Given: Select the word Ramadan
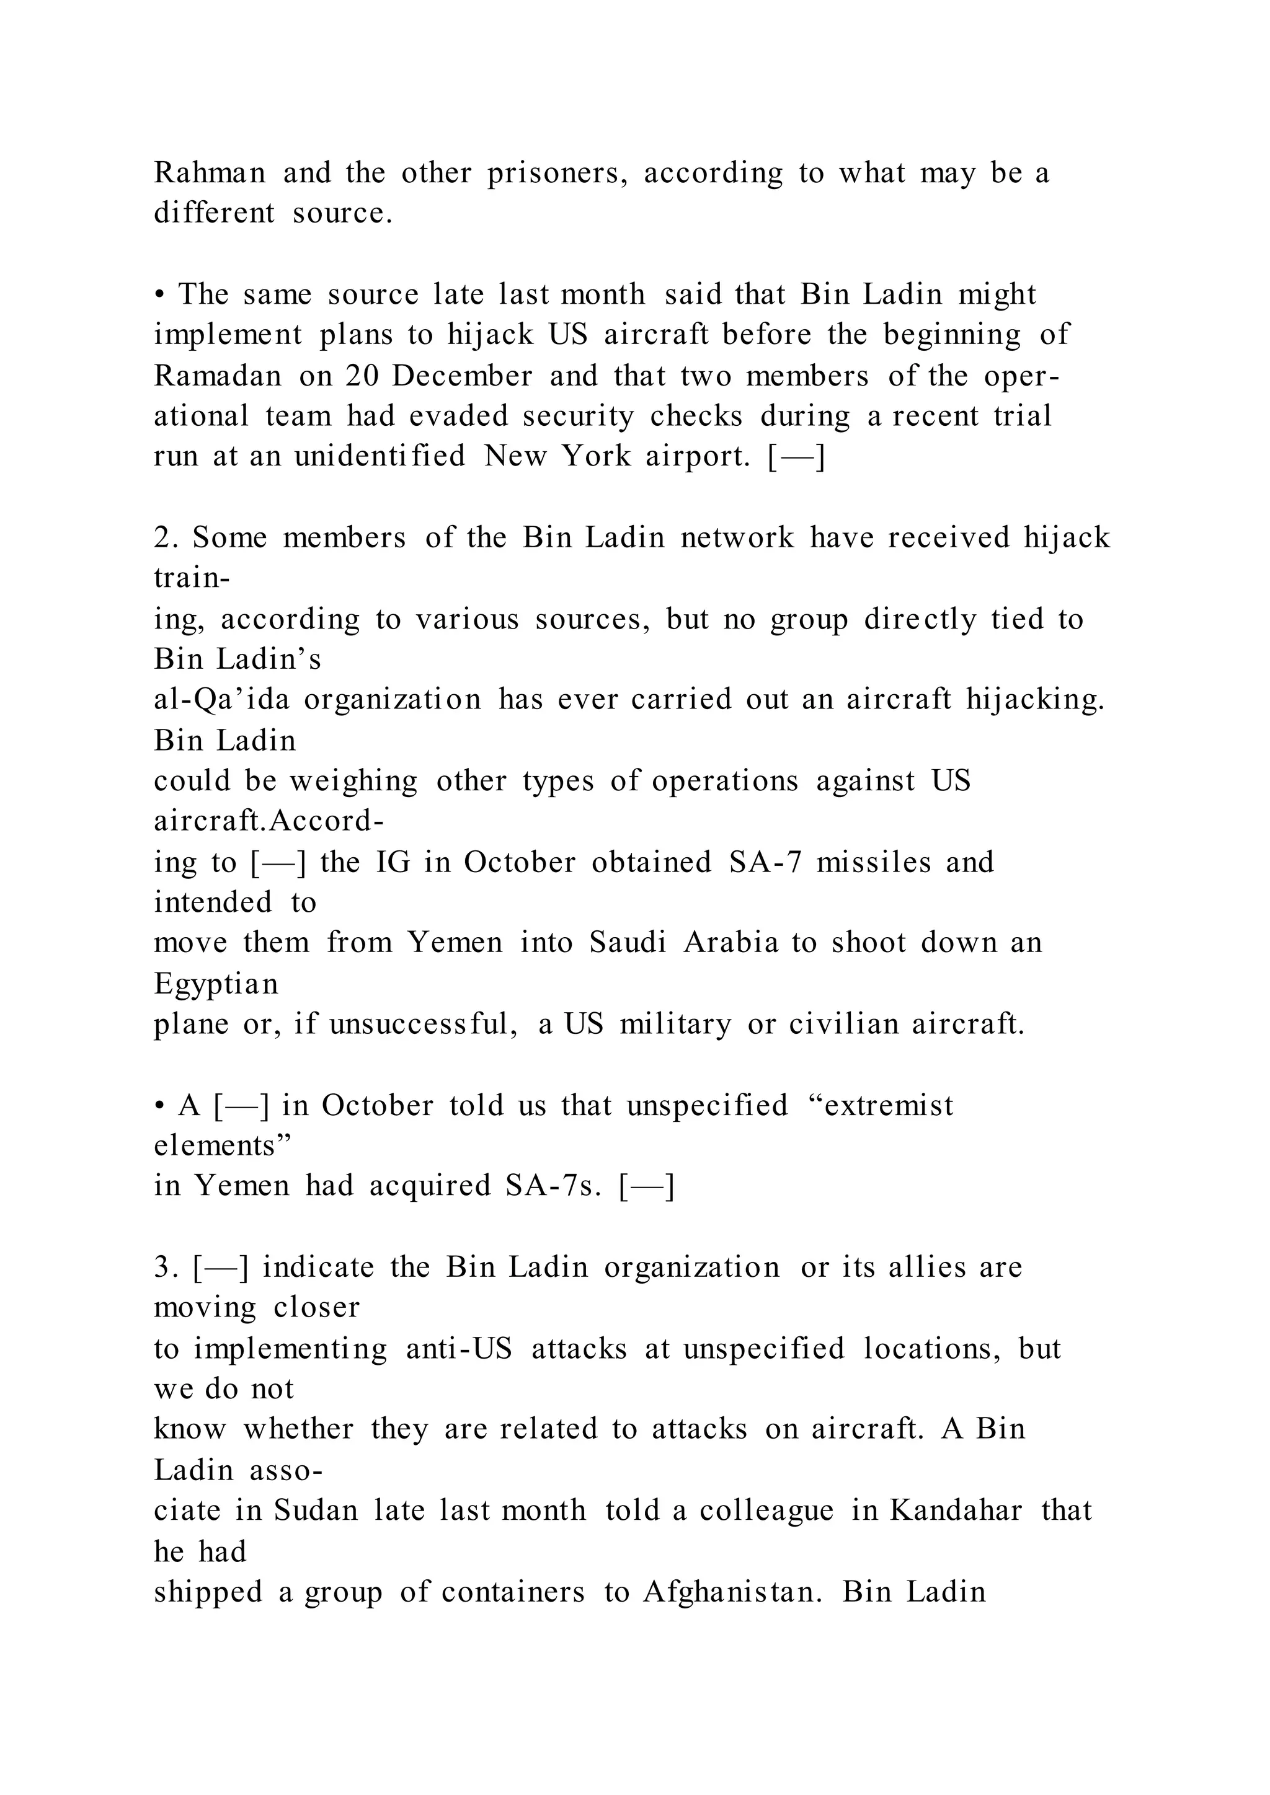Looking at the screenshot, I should (x=218, y=376).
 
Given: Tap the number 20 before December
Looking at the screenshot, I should (x=362, y=376).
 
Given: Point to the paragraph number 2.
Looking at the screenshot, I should (x=164, y=538).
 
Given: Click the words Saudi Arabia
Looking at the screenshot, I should (x=684, y=942).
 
